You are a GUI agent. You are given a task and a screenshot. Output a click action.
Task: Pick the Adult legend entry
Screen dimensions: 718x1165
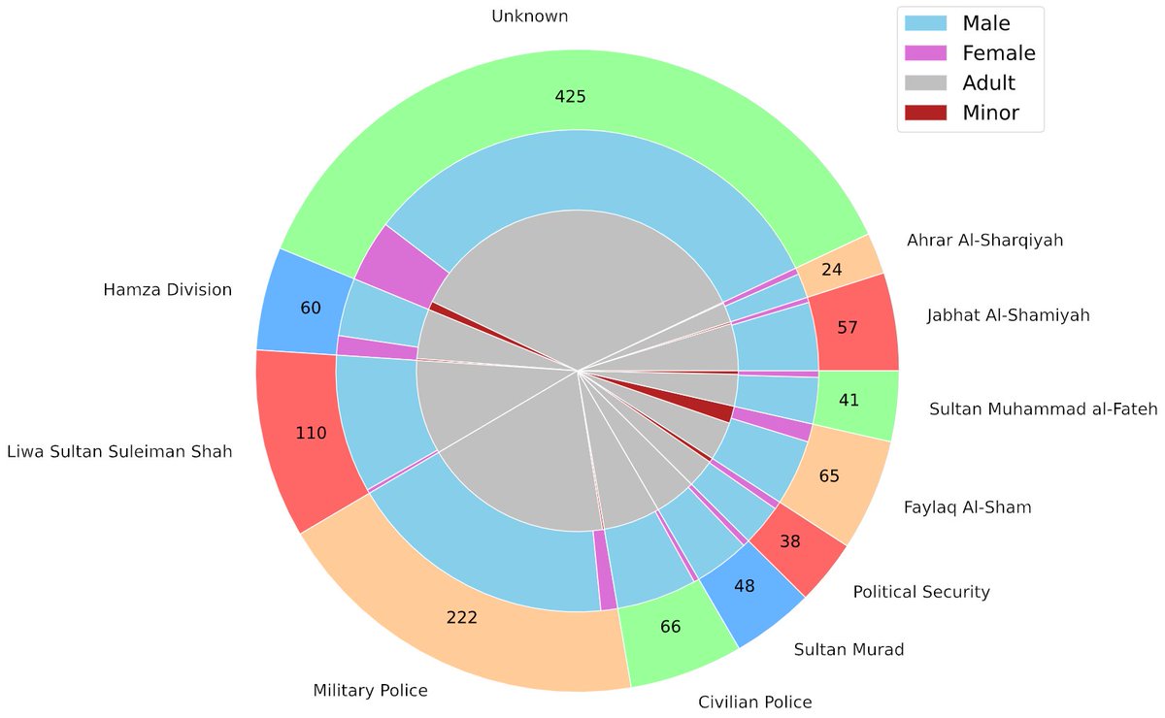click(x=989, y=83)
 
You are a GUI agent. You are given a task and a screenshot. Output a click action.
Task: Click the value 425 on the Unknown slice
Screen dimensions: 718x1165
click(x=570, y=96)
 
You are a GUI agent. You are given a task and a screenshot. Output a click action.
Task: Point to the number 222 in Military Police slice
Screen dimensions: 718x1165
click(x=461, y=617)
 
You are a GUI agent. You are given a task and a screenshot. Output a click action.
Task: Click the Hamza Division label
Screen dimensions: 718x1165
click(x=167, y=289)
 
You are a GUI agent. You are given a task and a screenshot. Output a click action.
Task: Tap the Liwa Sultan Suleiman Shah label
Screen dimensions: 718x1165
click(x=118, y=452)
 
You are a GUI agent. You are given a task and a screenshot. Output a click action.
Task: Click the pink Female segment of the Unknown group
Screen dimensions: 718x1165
click(x=393, y=264)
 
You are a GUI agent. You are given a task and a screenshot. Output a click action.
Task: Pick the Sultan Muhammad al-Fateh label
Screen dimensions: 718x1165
click(x=1043, y=409)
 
